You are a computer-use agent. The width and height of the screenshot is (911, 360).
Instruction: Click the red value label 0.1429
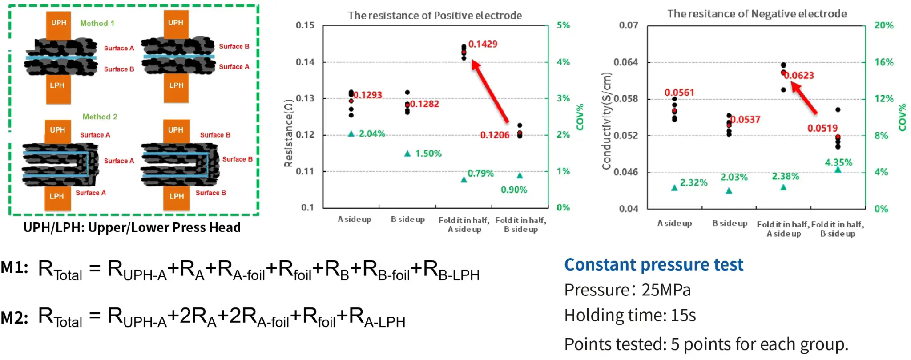click(483, 44)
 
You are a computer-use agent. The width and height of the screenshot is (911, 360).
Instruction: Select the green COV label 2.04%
click(372, 133)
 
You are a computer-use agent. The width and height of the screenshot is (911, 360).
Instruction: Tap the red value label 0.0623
click(799, 75)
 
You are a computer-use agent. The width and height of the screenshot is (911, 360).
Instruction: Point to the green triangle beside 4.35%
click(838, 170)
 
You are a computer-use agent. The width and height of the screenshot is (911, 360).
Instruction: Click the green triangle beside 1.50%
click(407, 154)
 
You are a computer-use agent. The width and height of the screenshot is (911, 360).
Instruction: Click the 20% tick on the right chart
click(883, 25)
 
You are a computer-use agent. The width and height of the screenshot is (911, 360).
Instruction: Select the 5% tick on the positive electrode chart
click(563, 25)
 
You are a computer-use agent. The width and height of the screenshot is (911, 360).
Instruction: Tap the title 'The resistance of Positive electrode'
click(435, 15)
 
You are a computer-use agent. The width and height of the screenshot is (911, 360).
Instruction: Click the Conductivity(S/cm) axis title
click(606, 121)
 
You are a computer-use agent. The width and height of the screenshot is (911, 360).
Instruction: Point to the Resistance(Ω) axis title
click(288, 133)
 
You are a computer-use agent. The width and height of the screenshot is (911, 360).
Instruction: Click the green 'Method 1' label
click(97, 23)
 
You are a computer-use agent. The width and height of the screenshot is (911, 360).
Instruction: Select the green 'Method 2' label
click(100, 117)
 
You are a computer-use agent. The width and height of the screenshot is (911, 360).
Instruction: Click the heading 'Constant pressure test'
click(653, 265)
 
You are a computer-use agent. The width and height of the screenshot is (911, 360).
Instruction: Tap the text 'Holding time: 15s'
click(630, 316)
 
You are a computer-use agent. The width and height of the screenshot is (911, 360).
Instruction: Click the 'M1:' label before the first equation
click(15, 268)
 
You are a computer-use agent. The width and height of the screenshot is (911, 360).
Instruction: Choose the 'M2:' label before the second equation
click(15, 318)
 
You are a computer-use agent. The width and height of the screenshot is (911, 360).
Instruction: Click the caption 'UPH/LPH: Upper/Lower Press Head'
click(132, 227)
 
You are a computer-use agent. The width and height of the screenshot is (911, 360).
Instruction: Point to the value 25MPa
click(666, 290)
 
